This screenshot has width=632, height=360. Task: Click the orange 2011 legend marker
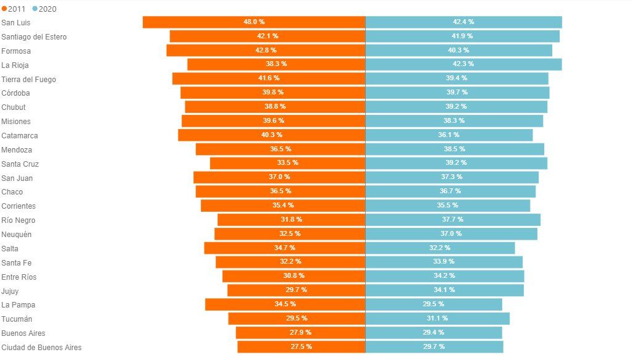pos(4,9)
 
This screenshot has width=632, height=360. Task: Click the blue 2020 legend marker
pos(35,9)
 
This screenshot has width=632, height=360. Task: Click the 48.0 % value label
pos(254,22)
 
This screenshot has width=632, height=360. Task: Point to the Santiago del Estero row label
pos(34,37)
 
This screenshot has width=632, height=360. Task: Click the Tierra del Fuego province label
pos(28,79)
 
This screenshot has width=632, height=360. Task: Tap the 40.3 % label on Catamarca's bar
pos(272,135)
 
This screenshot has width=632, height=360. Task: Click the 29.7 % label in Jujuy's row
pos(296,290)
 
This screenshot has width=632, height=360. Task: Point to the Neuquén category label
pos(17,235)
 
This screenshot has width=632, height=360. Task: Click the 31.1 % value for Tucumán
pos(437,318)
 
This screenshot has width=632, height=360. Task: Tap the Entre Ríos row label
pos(19,277)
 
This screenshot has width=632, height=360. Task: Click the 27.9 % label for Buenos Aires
pos(300,332)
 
